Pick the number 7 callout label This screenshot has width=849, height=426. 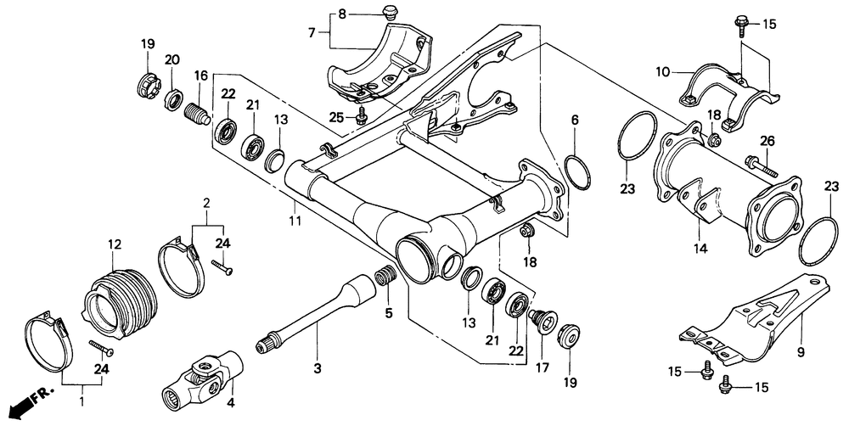312,33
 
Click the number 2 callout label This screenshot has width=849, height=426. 205,204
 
